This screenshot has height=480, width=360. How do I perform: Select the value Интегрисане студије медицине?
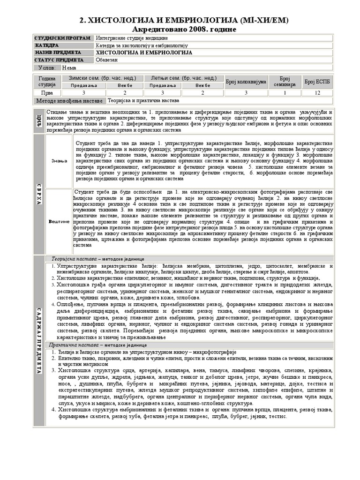[132, 38]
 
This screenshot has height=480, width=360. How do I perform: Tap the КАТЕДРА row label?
[47, 45]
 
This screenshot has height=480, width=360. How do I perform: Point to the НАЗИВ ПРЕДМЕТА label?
[58, 53]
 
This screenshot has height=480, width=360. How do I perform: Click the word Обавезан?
[107, 60]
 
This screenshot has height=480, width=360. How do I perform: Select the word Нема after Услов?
[69, 68]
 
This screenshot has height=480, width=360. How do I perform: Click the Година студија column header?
[47, 82]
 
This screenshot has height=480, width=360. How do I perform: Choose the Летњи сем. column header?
[183, 78]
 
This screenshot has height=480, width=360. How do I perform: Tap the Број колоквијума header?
[246, 82]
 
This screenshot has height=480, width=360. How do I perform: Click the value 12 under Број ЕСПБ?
[317, 93]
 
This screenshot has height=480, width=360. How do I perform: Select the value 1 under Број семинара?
[284, 93]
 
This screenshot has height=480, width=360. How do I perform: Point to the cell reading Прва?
[47, 93]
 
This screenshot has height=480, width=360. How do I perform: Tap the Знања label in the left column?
[59, 161]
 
